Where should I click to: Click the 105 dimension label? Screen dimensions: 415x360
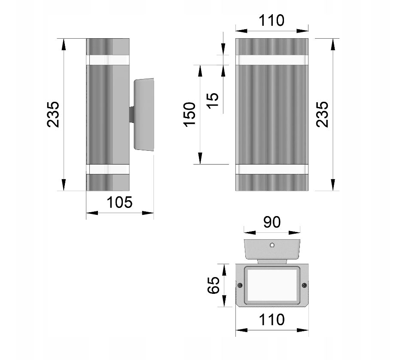coord(119,202)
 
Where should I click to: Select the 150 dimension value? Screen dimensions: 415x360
coord(189,114)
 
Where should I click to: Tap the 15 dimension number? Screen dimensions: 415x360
coord(213,101)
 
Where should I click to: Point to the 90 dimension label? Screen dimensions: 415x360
coord(272,222)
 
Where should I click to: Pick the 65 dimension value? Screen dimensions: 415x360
coord(214,285)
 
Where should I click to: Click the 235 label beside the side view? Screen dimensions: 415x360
coord(53,114)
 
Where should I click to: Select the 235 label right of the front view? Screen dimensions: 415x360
coord(322,114)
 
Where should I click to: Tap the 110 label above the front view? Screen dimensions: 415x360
coord(272,20)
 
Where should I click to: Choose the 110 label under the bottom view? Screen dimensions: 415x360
coord(272,320)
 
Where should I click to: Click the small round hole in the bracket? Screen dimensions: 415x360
coord(272,245)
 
